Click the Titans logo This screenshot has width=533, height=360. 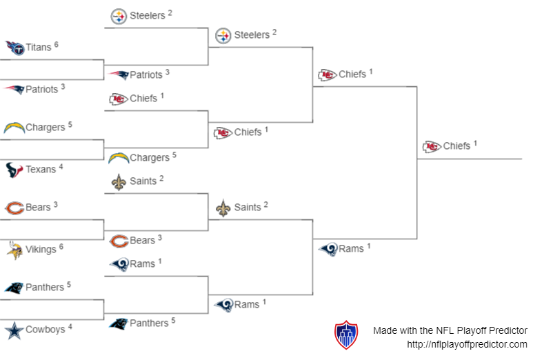tap(14, 48)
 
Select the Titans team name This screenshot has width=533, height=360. tap(38, 48)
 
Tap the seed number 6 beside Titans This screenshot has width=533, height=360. tap(56, 45)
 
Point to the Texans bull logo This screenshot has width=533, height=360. tap(14, 170)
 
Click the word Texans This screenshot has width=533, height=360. tap(41, 170)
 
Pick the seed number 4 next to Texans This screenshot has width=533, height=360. tap(61, 166)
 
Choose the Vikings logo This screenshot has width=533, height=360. tap(14, 250)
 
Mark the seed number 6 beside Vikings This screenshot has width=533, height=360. tap(61, 246)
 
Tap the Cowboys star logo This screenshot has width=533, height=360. tap(14, 330)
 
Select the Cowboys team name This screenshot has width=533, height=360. tap(45, 330)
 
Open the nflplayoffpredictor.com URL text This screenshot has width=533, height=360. tap(467, 344)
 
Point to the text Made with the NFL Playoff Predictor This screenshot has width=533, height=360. tap(450, 330)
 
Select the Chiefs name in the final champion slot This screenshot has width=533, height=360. tap(456, 146)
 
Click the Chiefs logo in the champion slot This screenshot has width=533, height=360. tap(432, 146)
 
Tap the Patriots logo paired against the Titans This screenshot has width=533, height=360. tap(14, 90)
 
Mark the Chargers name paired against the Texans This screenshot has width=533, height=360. tap(45, 128)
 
